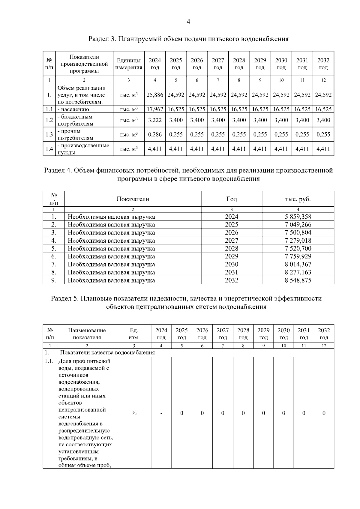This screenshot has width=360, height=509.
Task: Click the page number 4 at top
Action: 188,22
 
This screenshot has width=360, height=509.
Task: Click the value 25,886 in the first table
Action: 155,95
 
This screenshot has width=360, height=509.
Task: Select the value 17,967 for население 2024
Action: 155,109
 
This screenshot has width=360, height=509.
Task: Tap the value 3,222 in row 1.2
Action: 155,120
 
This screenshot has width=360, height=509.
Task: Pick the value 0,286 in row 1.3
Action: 155,134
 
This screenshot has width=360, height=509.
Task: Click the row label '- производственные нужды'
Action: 83,149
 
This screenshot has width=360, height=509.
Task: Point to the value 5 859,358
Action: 298,217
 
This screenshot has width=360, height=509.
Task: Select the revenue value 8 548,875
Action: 298,280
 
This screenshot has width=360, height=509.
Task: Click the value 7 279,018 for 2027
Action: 298,241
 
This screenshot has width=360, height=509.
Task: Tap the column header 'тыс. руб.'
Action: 298,199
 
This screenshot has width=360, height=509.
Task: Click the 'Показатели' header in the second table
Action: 133,199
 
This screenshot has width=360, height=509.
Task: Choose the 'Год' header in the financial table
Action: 232,199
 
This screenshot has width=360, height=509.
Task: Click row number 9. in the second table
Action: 54,280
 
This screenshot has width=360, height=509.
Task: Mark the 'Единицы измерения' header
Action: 129,64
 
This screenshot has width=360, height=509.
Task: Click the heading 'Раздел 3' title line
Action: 188,39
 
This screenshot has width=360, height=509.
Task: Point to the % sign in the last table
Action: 134,413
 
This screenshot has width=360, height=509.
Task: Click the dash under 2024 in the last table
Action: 161,413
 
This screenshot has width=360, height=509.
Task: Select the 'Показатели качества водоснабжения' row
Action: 107,352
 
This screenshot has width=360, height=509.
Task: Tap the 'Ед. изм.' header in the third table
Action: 134,334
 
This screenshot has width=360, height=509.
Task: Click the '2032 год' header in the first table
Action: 323,64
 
